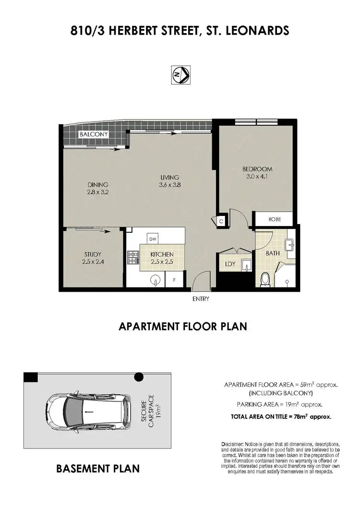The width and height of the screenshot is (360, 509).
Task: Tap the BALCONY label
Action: [x=94, y=135]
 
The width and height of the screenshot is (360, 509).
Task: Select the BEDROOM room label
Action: [x=257, y=169]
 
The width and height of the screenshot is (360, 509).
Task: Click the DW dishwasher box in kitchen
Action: [x=153, y=238]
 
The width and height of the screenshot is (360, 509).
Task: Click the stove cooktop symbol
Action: [x=132, y=258]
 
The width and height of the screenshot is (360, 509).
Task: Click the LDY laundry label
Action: [x=230, y=264]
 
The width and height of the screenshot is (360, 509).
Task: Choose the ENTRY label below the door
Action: [x=200, y=298]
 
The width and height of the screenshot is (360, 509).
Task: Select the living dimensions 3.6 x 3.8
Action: [x=170, y=185]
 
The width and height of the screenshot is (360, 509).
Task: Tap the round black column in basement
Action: [x=139, y=377]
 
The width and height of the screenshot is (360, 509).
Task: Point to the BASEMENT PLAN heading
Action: [x=99, y=468]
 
